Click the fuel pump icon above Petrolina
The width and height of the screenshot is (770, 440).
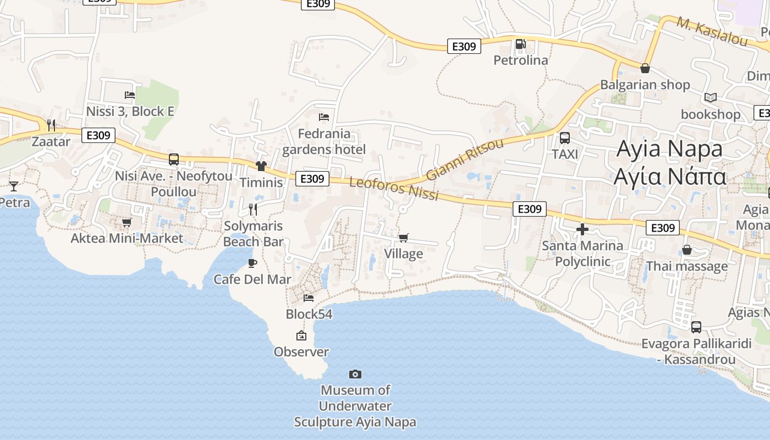point(520,43)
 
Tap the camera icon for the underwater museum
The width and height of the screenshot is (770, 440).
point(355,374)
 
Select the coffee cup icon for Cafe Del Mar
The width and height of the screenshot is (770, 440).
point(252,263)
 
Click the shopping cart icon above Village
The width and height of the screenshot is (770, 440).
point(404,238)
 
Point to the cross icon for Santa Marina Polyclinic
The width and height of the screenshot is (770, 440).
point(582,229)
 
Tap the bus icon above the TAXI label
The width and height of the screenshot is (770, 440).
point(565,138)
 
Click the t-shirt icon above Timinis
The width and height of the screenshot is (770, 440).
point(261,166)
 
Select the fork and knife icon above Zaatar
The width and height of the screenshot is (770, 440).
point(51,125)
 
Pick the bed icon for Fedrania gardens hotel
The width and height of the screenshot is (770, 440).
point(324,117)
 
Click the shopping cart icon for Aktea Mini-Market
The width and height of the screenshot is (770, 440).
point(127,222)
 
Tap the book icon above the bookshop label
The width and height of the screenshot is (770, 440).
point(711,98)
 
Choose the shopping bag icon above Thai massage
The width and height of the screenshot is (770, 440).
point(687,250)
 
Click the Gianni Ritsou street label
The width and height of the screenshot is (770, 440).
point(465,159)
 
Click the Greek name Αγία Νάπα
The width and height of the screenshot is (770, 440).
point(670,177)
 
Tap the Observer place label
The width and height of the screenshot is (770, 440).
point(301,352)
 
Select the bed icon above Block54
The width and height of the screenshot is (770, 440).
point(309,298)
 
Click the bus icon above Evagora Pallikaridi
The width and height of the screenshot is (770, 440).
point(696,327)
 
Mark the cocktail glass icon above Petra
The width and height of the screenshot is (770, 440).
point(14,186)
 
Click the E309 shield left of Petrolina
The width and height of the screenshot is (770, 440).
point(464,46)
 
